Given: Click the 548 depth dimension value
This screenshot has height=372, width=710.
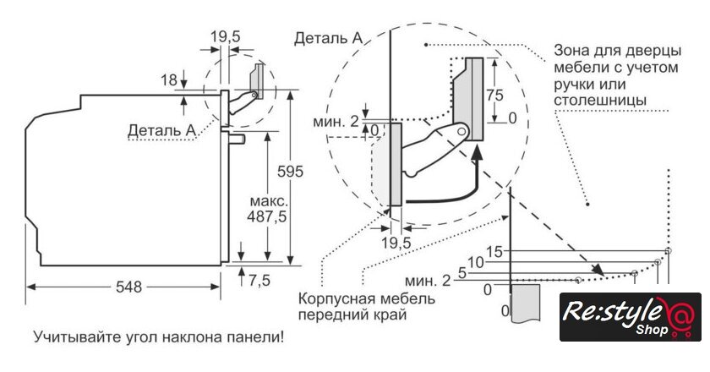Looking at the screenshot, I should [129, 286].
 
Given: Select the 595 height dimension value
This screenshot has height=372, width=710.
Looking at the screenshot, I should [290, 171].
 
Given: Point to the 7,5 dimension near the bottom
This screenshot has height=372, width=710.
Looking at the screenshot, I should [259, 280].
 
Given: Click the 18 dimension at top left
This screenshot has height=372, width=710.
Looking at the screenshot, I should [168, 79].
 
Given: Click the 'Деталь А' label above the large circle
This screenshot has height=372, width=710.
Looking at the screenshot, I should [329, 38].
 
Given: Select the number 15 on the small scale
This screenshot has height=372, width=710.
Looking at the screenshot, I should [494, 251].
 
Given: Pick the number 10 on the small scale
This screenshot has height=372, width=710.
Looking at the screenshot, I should [475, 262].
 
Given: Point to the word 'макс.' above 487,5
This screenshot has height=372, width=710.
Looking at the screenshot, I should [269, 202].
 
